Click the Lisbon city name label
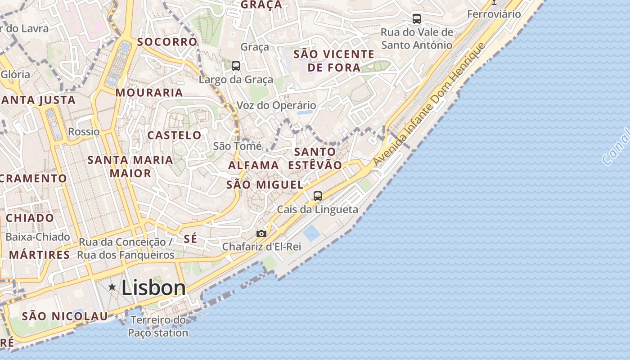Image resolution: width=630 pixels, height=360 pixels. click(153, 288)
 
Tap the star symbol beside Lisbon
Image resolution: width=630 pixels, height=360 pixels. click(112, 287)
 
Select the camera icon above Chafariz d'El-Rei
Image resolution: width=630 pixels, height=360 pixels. click(261, 234)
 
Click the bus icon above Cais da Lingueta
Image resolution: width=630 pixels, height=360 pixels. click(318, 196)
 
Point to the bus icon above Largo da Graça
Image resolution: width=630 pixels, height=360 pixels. click(236, 66)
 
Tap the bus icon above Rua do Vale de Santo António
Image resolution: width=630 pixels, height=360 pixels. click(417, 19)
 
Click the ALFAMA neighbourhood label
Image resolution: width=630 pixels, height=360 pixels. click(253, 165)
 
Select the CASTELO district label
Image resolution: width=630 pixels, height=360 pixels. click(175, 135)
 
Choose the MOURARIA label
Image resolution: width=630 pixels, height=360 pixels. click(149, 93)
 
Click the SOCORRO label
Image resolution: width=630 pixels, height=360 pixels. click(167, 42)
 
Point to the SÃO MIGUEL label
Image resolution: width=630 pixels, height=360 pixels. click(265, 184)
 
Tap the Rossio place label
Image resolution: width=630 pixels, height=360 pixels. click(84, 132)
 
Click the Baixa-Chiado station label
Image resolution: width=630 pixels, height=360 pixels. click(38, 237)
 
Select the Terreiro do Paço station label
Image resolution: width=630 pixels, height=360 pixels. click(158, 327)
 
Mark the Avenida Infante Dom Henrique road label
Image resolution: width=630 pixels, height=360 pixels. click(429, 104)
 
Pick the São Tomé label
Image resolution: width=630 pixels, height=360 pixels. click(237, 146)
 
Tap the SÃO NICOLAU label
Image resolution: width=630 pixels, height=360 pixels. click(65, 316)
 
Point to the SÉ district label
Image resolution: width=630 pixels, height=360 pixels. click(190, 238)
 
